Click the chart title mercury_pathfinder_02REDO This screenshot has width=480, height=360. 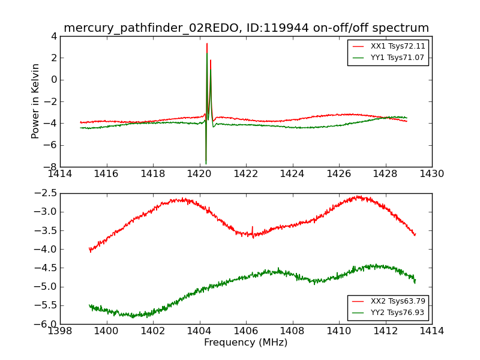click(246, 28)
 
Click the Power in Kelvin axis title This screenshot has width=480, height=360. click(36, 101)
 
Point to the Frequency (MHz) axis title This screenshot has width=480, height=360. click(246, 343)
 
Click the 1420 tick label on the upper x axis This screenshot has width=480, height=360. click(200, 174)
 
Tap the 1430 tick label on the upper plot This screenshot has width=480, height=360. click(432, 174)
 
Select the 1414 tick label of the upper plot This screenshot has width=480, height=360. click(61, 174)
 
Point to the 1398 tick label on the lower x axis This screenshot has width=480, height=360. click(61, 331)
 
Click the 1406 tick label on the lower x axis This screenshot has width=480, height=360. click(246, 331)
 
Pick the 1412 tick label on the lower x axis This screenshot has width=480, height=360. click(385, 331)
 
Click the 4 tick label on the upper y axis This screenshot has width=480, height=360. click(54, 36)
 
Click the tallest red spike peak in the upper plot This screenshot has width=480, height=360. click(207, 43)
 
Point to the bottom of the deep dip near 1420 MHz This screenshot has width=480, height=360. click(206, 163)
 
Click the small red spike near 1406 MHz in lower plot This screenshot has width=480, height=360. click(252, 227)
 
